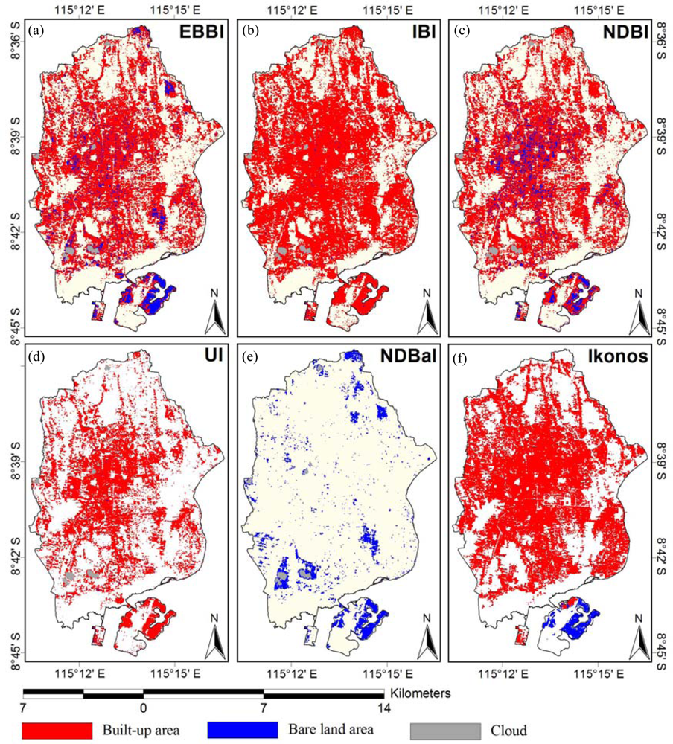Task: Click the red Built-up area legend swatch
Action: point(57,730)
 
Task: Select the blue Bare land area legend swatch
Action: point(243,730)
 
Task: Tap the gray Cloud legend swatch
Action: point(446,730)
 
